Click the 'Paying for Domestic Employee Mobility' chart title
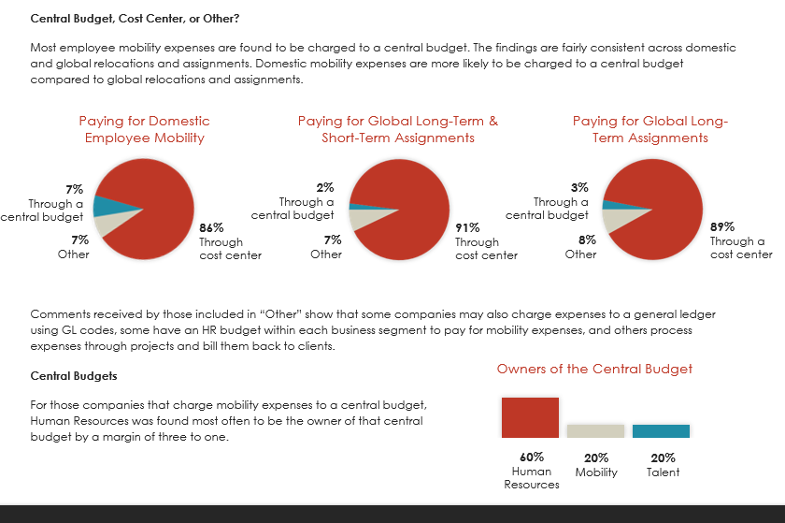pos(144,129)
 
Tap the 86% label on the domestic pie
pos(210,226)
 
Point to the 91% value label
pos(467,226)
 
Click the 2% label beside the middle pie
pos(326,187)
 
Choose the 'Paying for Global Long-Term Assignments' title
pos(649,129)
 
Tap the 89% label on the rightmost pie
pos(722,226)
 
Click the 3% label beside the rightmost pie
pos(579,187)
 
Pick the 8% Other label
pos(580,240)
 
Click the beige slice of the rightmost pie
pos(617,219)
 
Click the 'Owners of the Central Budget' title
pos(594,369)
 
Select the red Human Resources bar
pos(530,417)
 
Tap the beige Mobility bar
pos(595,430)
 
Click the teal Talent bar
pos(661,430)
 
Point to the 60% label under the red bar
pos(531,458)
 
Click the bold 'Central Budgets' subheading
pos(74,376)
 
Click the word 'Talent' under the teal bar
pos(663,472)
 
